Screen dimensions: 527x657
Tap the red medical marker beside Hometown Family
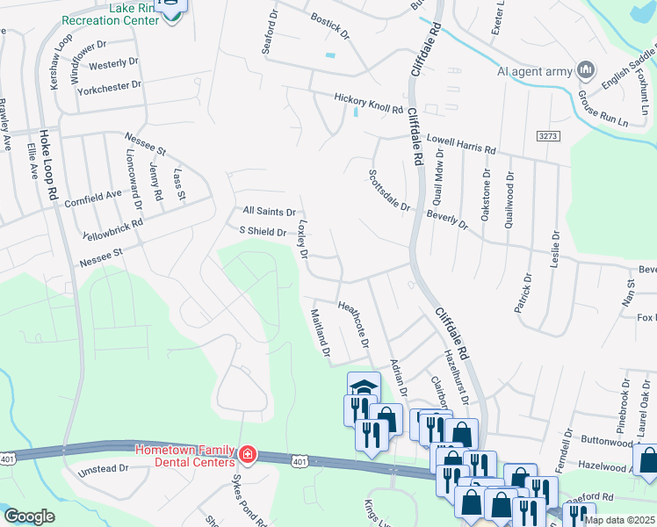248,454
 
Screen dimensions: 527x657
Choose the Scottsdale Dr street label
388,191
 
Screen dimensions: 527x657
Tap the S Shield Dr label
264,232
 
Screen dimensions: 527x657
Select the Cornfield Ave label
93,199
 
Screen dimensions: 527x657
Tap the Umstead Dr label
104,469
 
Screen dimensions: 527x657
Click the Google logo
29,516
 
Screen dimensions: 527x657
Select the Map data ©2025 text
619,520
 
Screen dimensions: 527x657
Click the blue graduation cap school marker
364,386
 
